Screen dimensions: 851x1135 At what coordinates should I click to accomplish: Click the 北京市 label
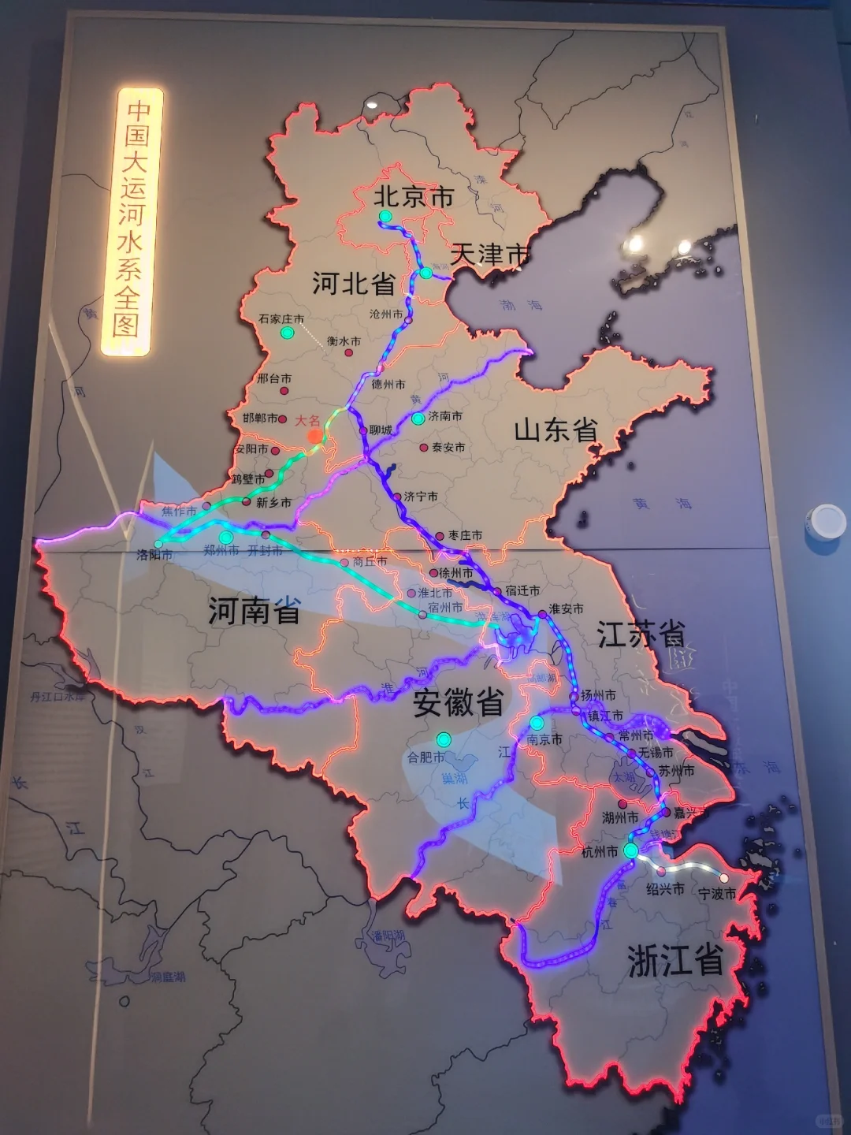[414, 196]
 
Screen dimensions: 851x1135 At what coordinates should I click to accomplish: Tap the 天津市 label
[490, 255]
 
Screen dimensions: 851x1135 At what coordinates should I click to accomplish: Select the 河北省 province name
[353, 283]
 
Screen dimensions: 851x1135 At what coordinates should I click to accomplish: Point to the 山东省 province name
[556, 430]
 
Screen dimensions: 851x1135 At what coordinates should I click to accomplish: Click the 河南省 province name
[255, 611]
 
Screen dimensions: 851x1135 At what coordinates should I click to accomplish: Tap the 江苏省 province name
[641, 634]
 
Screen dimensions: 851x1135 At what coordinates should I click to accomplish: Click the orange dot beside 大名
[315, 436]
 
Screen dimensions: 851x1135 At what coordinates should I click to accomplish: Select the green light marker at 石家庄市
[288, 333]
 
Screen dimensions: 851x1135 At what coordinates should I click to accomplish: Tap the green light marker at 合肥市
[444, 739]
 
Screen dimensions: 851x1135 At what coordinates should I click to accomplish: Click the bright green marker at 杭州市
[630, 850]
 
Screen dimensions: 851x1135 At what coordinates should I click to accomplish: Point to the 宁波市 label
[717, 894]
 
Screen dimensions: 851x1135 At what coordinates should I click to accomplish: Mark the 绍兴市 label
[665, 889]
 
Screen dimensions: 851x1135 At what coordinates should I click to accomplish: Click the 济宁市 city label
[421, 497]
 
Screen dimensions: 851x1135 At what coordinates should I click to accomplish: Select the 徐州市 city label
[456, 573]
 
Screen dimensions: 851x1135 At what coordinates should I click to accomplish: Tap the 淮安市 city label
[567, 608]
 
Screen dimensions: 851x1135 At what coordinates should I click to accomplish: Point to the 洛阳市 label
[154, 555]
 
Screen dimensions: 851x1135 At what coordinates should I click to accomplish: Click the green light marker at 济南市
[418, 418]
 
